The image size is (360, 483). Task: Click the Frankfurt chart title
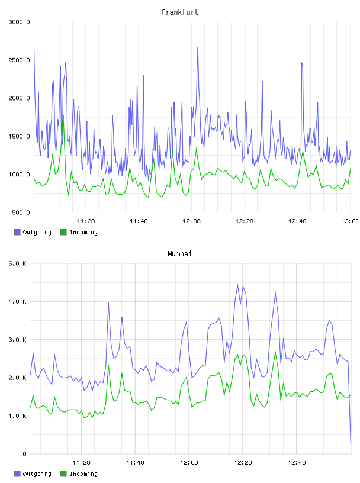click(x=180, y=12)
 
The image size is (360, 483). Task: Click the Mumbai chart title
click(x=179, y=254)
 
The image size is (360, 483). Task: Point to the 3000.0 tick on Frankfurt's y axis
click(x=19, y=22)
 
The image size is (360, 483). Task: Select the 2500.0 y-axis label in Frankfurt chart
click(x=19, y=60)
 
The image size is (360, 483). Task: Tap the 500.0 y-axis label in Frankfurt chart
click(x=21, y=212)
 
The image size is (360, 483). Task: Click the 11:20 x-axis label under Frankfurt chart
click(x=86, y=221)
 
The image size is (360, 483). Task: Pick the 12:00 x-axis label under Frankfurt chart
click(x=191, y=221)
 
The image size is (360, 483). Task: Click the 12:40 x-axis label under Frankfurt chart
click(x=297, y=221)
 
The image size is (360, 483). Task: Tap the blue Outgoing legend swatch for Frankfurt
click(x=17, y=232)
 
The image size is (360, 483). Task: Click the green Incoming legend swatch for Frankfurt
click(x=63, y=232)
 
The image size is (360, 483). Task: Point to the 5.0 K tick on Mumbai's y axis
click(x=17, y=263)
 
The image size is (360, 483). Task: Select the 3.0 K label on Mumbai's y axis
click(x=17, y=340)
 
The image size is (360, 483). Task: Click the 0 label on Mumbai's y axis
click(x=25, y=454)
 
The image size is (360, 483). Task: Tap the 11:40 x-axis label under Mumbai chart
click(x=135, y=463)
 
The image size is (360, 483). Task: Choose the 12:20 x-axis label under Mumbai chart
click(x=243, y=463)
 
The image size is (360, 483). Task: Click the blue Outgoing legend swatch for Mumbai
click(x=17, y=474)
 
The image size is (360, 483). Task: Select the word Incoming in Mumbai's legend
click(x=83, y=474)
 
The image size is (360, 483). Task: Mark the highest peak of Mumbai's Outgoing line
click(x=237, y=284)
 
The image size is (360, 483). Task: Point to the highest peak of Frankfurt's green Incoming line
click(x=63, y=115)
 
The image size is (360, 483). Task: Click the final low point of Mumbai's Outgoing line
click(x=351, y=443)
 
